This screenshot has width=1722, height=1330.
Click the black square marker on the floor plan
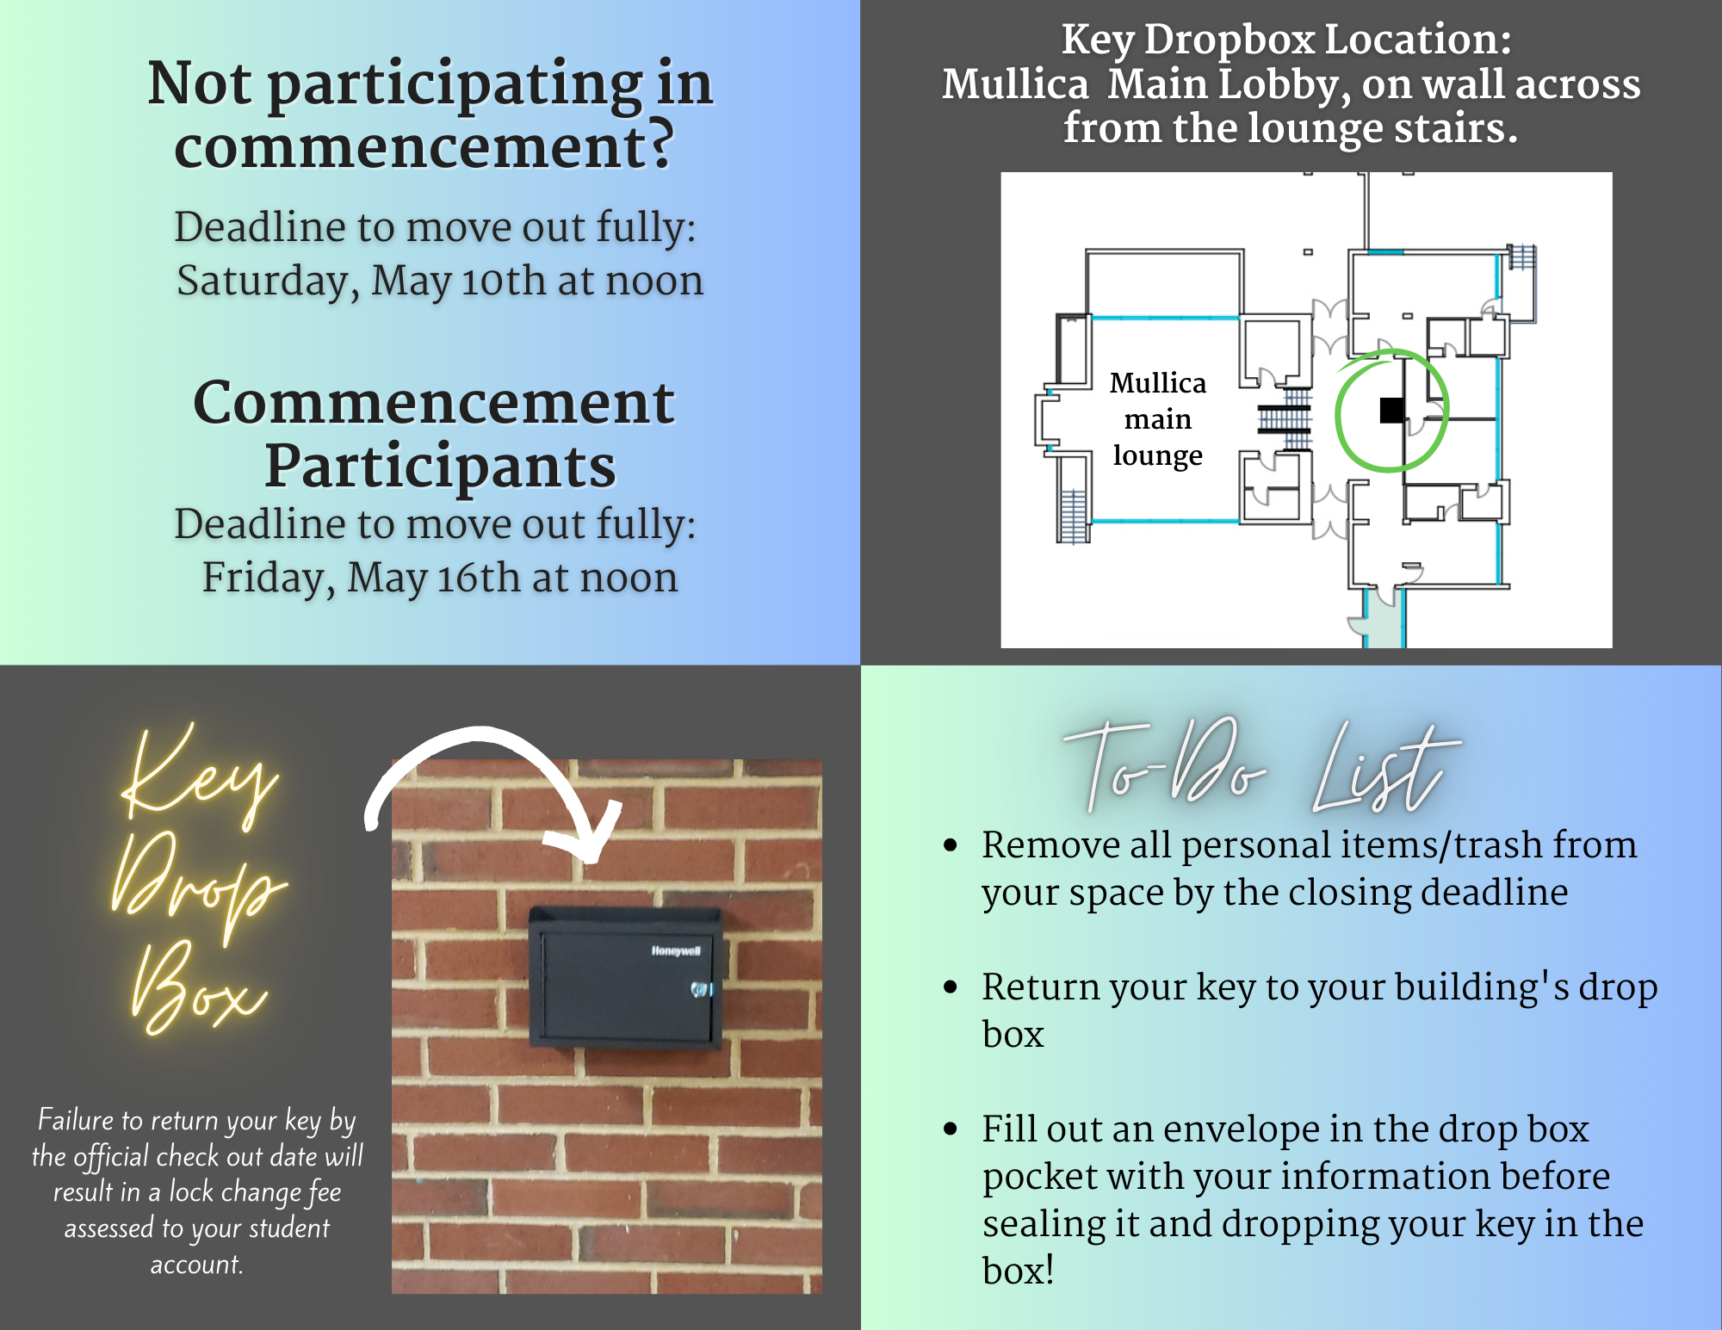1391,411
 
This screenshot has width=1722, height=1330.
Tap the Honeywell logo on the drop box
676,950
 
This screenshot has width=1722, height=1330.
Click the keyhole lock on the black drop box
702,990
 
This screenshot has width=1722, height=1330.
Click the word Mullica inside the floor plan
1158,382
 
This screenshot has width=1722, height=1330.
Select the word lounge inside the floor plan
1157,455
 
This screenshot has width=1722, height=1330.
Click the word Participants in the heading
440,466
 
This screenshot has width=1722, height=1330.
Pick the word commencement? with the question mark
424,146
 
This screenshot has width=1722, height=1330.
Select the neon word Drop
198,888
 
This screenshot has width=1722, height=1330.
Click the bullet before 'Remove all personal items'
951,845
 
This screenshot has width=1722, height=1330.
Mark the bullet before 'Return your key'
951,987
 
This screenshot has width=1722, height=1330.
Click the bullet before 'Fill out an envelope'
951,1129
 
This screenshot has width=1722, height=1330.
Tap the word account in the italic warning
196,1264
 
